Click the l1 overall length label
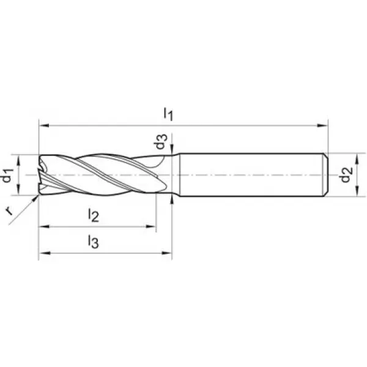[x=168, y=114]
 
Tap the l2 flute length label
[x=93, y=215]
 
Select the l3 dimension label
[x=93, y=242]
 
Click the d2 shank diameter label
[x=347, y=174]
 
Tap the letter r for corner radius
[x=9, y=211]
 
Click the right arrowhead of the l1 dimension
[x=322, y=125]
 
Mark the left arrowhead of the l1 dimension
[x=44, y=125]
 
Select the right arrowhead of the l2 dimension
[x=150, y=226]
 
